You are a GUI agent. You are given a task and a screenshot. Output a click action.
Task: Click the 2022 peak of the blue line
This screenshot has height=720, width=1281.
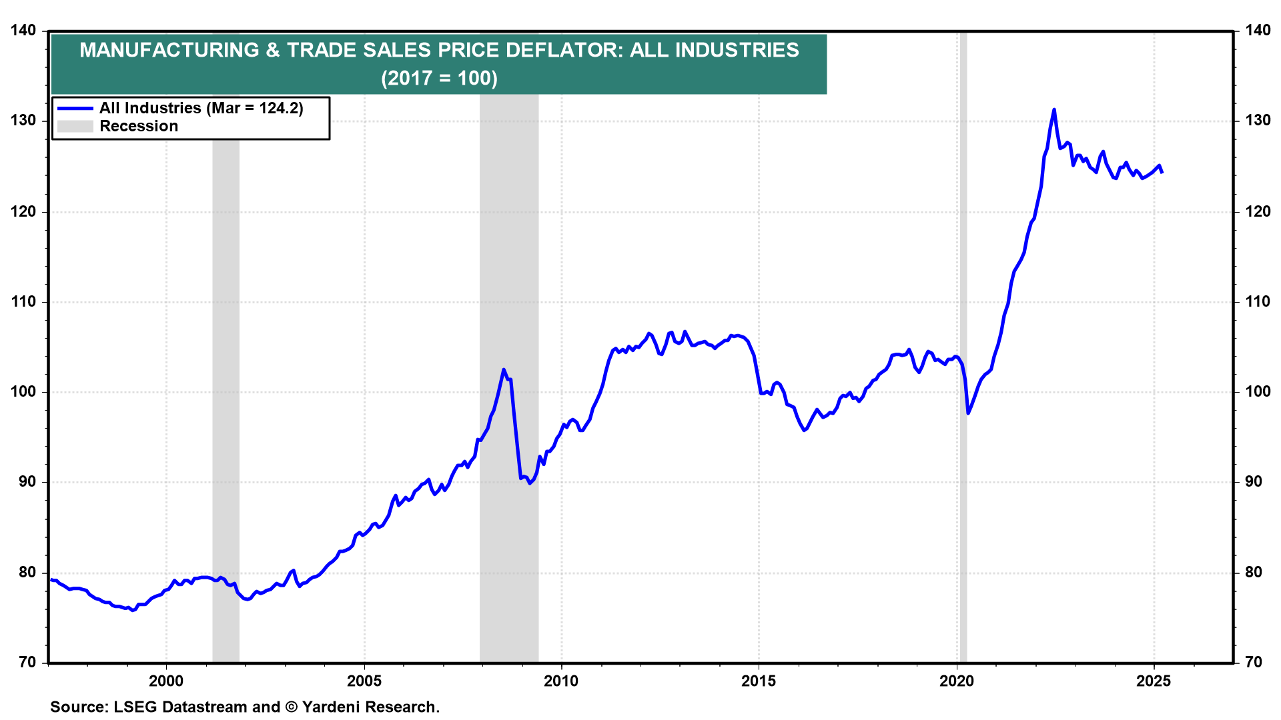click(1053, 109)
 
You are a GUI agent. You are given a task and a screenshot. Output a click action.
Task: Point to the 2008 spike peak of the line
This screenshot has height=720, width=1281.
click(504, 369)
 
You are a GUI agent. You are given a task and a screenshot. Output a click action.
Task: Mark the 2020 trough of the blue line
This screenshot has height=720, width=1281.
click(968, 413)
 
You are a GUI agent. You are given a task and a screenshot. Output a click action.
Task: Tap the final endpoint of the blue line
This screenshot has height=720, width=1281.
click(1162, 173)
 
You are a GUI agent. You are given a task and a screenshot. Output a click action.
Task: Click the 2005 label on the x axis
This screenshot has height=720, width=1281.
click(364, 681)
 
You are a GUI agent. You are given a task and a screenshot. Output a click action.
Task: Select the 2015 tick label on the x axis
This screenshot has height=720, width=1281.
click(759, 681)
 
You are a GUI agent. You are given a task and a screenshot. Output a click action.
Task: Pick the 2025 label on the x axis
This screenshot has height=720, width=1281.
click(1154, 681)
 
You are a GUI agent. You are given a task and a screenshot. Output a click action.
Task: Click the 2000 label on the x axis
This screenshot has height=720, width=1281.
click(166, 681)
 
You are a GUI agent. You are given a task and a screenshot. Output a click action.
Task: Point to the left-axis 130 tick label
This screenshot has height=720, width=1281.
click(23, 121)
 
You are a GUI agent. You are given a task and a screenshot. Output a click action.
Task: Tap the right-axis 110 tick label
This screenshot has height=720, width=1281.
click(1258, 302)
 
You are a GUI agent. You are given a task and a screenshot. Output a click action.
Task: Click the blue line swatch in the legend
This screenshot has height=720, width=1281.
click(75, 108)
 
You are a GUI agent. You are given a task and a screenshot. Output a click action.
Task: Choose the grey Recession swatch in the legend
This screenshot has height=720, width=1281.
click(75, 127)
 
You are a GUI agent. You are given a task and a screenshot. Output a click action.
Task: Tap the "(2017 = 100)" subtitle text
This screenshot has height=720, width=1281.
click(439, 79)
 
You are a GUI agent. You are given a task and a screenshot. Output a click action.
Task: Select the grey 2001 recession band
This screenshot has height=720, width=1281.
click(226, 400)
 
